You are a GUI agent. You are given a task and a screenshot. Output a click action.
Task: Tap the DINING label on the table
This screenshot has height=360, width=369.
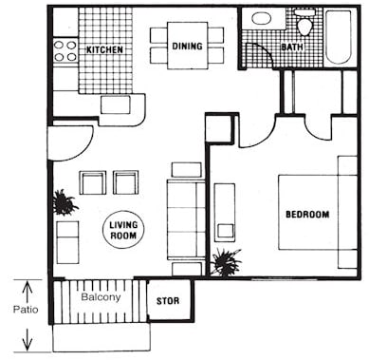click(x=187, y=46)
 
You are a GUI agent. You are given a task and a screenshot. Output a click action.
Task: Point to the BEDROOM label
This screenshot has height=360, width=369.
click(x=307, y=215)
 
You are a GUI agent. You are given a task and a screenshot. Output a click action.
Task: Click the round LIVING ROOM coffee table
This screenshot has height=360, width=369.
click(x=121, y=228)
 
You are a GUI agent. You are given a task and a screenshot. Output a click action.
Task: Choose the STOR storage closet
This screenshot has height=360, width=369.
click(x=168, y=301)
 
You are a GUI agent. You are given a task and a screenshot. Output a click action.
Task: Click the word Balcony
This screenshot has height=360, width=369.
click(x=100, y=296)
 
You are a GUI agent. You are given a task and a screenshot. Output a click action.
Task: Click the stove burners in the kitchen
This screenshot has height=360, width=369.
click(x=65, y=49)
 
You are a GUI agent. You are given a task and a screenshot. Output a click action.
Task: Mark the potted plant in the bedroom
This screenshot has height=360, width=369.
click(x=226, y=260)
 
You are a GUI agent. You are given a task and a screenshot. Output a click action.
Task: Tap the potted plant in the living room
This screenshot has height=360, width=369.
click(x=65, y=201)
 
